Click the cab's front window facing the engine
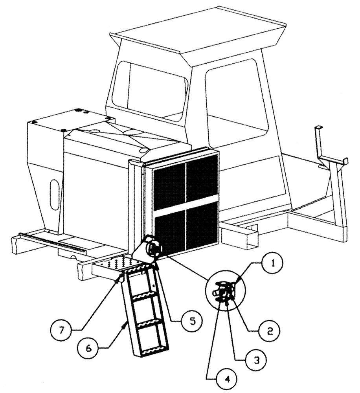[149, 90]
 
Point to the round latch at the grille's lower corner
[152, 248]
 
